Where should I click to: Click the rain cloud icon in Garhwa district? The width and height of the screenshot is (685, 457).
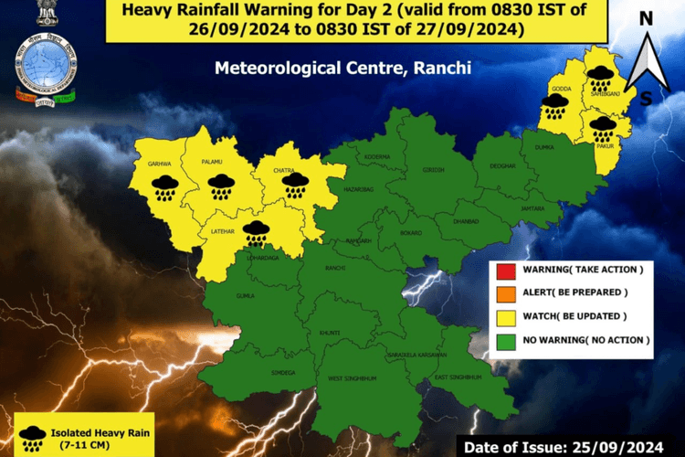click(x=164, y=187)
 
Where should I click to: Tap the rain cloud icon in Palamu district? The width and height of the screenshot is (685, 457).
click(x=220, y=186)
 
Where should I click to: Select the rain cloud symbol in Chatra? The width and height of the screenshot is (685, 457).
click(x=294, y=185)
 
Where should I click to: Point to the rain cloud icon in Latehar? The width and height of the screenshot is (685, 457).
click(x=257, y=234)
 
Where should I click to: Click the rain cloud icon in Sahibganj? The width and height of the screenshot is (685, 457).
click(x=600, y=78)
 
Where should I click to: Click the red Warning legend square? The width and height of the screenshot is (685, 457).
click(x=504, y=270)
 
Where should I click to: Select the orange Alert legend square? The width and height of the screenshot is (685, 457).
click(x=504, y=292)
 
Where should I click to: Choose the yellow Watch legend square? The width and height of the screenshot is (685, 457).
click(x=504, y=316)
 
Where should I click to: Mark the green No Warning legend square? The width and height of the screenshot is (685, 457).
click(x=504, y=339)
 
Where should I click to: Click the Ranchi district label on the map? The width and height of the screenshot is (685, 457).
click(x=334, y=268)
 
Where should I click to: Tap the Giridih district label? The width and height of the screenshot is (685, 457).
click(x=432, y=171)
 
